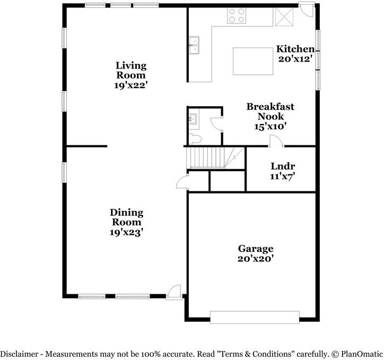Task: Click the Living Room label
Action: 131,70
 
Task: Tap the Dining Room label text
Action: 126,217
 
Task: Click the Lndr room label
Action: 282,166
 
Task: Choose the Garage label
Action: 255,249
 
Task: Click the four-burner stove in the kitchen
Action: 237,16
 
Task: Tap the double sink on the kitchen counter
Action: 194,45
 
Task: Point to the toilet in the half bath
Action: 195,139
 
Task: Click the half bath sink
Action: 194,119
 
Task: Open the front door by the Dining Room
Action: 174,292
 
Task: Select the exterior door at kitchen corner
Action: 306,9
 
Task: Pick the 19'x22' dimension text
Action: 131,85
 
